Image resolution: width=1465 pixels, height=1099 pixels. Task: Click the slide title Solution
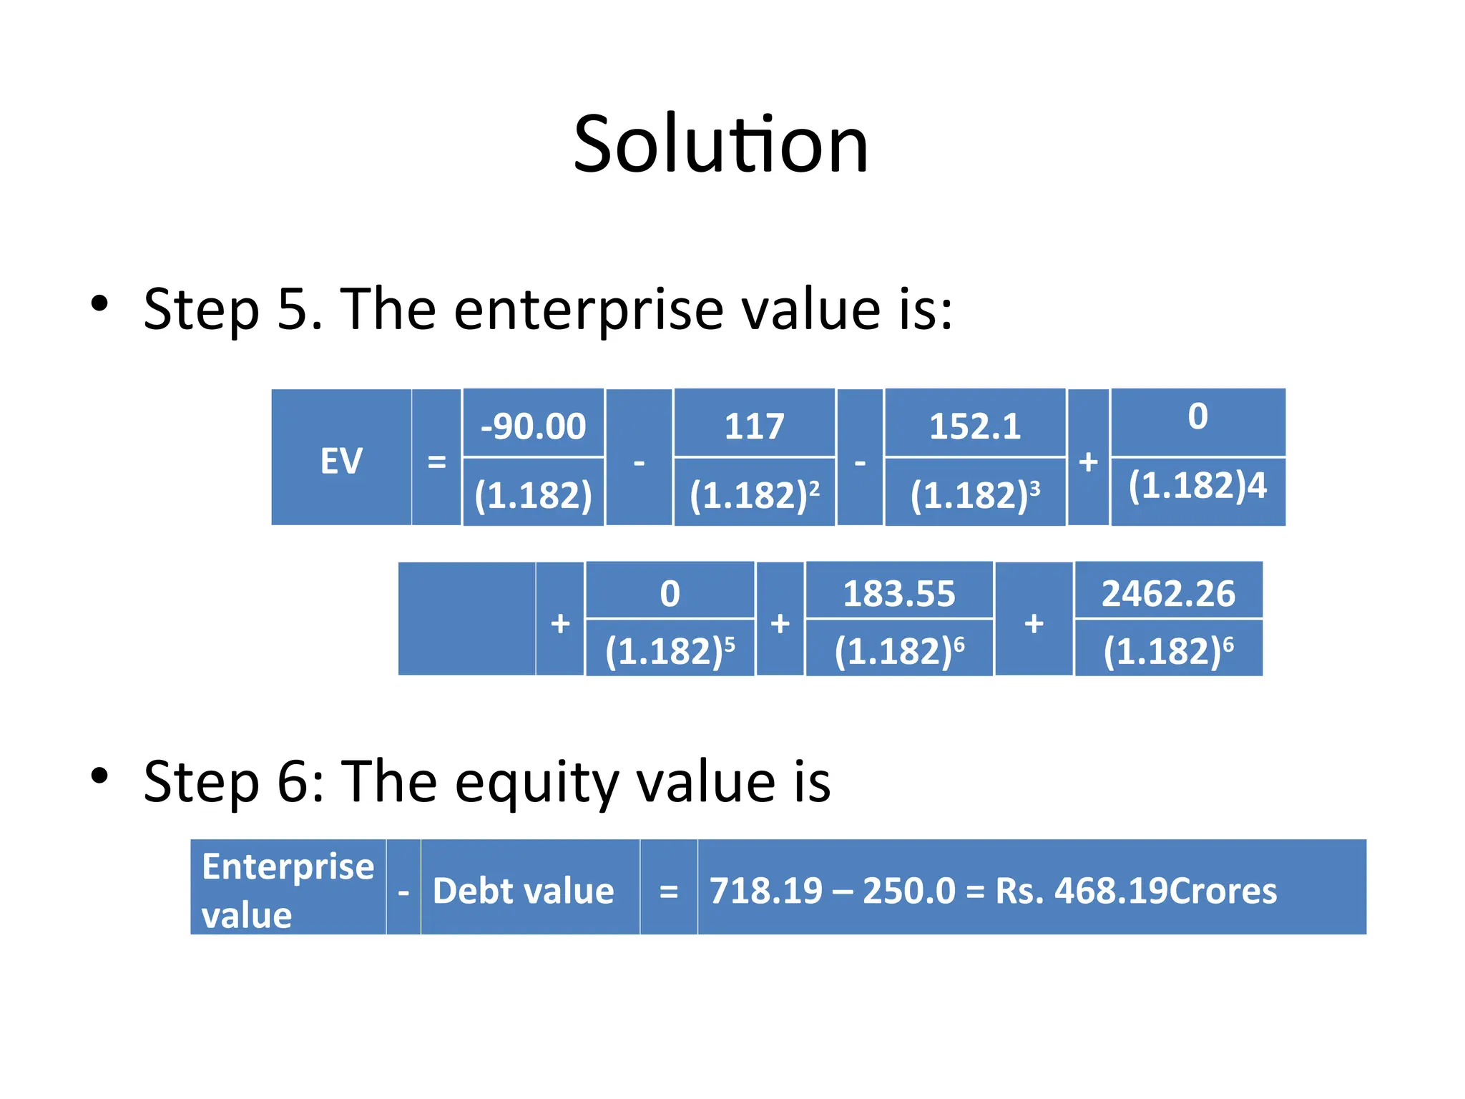tap(721, 145)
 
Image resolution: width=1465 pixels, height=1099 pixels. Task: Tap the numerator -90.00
tap(533, 426)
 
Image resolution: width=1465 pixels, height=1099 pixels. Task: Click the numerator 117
tap(754, 426)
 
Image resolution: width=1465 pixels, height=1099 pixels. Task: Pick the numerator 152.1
tap(974, 426)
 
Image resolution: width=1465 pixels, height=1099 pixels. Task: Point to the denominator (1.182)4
tap(1197, 486)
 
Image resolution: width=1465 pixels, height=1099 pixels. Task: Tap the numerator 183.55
tap(898, 594)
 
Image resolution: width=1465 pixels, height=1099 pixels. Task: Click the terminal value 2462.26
tap(1168, 594)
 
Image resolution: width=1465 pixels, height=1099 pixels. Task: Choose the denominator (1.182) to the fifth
tap(670, 650)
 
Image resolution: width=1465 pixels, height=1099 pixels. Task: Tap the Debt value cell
tap(524, 891)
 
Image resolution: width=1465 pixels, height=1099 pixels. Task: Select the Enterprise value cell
tap(288, 889)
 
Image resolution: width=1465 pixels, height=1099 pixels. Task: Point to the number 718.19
tap(766, 891)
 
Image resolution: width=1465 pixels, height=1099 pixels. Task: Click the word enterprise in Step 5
tap(589, 310)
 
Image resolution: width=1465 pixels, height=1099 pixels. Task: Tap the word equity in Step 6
tap(536, 782)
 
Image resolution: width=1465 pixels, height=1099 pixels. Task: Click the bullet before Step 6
tap(99, 776)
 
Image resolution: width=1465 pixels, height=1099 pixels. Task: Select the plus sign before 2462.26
tap(1034, 623)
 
